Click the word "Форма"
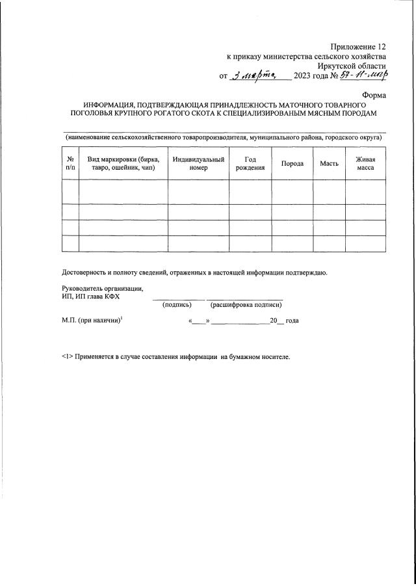(x=374, y=94)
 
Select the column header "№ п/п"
(x=70, y=163)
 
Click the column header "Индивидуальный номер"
(x=198, y=163)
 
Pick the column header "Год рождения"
(x=250, y=163)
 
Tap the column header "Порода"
(x=292, y=163)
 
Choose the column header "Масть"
(x=329, y=163)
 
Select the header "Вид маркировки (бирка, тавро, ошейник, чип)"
(x=123, y=163)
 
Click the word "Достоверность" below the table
(x=85, y=273)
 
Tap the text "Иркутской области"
(x=352, y=66)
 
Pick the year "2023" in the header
(x=303, y=76)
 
